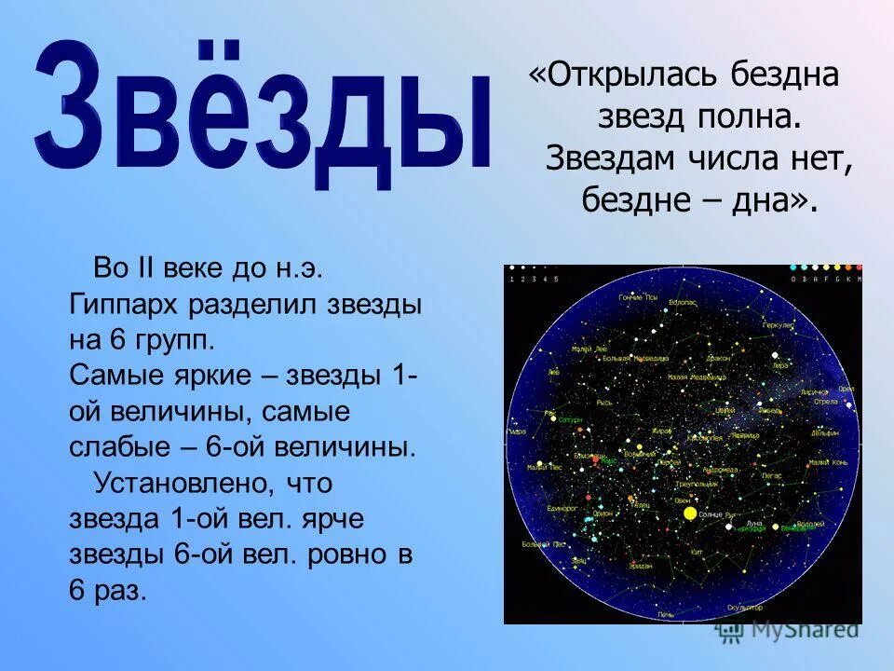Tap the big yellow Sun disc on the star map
pyautogui.click(x=690, y=513)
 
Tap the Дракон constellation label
pyautogui.click(x=718, y=358)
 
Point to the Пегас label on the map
pyautogui.click(x=771, y=475)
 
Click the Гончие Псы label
pyautogui.click(x=638, y=298)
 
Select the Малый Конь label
pyautogui.click(x=827, y=462)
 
